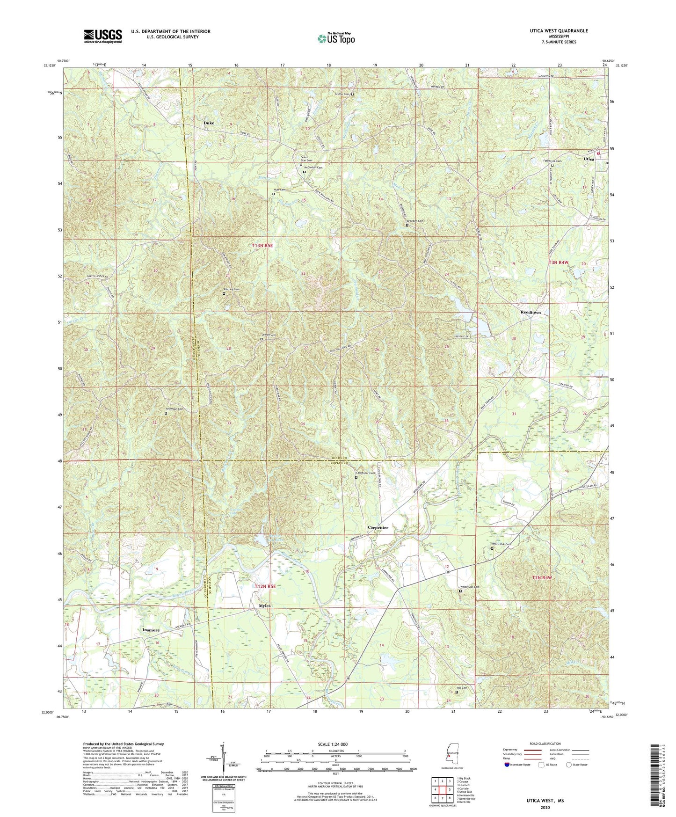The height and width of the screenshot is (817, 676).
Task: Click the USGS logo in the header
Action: (102, 36)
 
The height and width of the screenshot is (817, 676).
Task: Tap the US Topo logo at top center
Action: (335, 38)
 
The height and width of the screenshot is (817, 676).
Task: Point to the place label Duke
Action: (209, 123)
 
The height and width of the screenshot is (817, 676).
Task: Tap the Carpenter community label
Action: (378, 527)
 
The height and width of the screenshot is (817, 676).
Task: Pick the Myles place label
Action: (265, 605)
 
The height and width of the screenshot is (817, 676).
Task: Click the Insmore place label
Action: (151, 630)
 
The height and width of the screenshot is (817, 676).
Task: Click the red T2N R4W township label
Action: (542, 578)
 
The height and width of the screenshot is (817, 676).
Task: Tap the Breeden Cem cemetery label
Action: (414, 221)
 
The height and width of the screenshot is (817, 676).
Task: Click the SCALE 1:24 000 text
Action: (332, 744)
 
